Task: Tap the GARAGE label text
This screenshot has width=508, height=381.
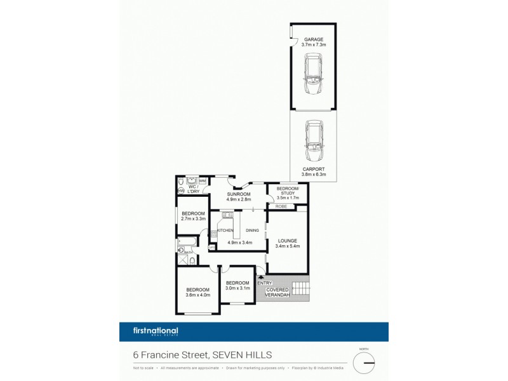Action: click(313, 39)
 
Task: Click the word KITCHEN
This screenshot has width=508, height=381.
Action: click(225, 231)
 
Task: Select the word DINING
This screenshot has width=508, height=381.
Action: click(253, 231)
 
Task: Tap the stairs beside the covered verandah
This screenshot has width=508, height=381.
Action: click(300, 290)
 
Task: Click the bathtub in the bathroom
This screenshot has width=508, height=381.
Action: click(188, 242)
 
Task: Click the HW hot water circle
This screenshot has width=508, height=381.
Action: click(182, 190)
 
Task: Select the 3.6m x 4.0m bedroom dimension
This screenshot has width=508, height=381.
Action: click(198, 295)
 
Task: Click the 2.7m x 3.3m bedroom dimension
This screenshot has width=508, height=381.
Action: click(193, 219)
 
